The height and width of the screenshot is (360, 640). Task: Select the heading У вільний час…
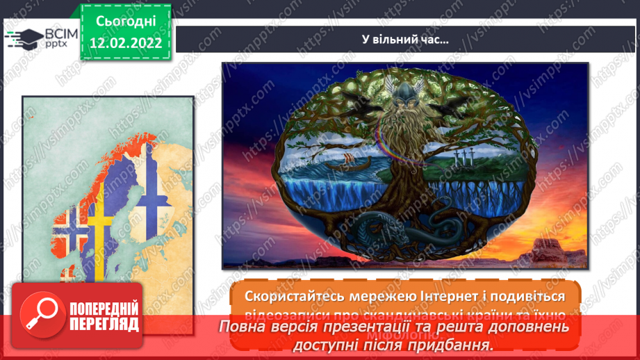(407, 39)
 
